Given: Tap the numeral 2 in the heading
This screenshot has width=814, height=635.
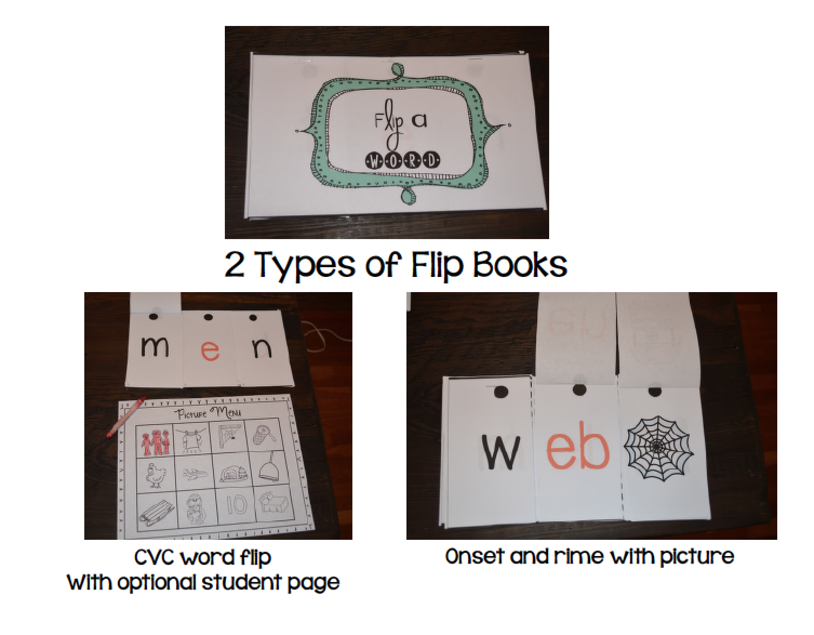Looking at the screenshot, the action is (235, 264).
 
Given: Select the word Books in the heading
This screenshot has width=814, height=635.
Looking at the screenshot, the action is (520, 264).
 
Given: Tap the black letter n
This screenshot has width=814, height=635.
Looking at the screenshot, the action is (262, 348).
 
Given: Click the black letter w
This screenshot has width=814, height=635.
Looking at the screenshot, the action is (500, 452).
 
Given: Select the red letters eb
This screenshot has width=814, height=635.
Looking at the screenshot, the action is (577, 445).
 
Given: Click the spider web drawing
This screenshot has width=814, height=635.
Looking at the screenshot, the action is (658, 448).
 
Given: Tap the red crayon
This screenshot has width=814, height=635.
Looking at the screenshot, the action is (125, 417).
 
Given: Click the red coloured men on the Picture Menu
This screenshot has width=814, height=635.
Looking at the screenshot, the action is (156, 441).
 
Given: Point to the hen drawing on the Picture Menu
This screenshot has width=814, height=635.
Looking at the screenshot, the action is (155, 475).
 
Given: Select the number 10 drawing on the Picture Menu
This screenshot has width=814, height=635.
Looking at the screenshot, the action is (237, 506).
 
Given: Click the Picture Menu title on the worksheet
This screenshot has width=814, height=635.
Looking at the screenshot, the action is (209, 413).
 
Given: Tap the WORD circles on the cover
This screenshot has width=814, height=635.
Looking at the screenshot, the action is (402, 161).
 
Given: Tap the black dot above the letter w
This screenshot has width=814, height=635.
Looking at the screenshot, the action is (502, 392).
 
